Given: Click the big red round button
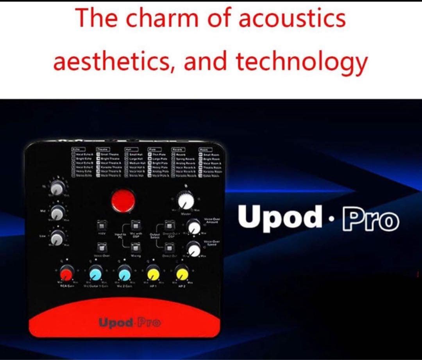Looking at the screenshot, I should pos(123,201).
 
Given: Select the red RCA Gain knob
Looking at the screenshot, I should pos(66,273).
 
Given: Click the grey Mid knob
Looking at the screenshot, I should pos(57,212).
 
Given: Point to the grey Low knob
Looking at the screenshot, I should pos(57,236).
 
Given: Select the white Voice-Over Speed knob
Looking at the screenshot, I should pos(193,248).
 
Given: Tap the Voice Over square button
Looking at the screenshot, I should pos(103,246).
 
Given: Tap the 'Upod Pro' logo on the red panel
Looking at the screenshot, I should pos(130,323).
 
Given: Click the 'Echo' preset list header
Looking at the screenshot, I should pos(77,149).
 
